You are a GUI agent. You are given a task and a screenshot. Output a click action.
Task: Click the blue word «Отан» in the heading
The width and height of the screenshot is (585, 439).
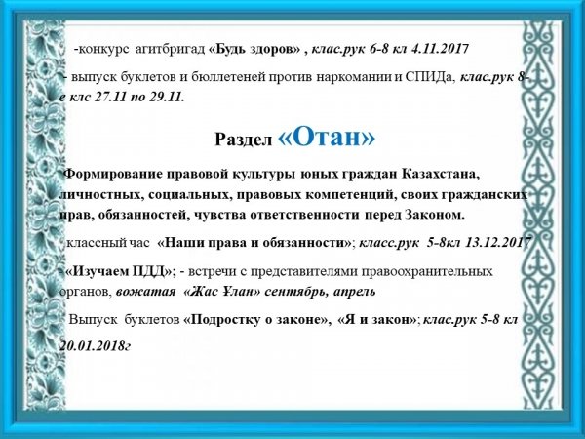point(327,139)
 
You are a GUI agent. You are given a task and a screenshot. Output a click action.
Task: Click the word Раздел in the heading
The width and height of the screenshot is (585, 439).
point(243,140)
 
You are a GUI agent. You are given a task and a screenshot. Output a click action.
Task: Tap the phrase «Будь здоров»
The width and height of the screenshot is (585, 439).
point(254,49)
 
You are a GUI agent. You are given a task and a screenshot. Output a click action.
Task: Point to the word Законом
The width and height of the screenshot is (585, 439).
point(435,216)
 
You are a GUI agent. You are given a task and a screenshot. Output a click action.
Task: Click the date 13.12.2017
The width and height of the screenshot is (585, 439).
point(498,243)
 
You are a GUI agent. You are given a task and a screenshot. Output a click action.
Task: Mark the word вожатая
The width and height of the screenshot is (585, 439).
point(145,292)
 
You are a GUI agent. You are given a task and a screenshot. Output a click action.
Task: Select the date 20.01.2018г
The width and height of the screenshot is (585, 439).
point(96,346)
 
